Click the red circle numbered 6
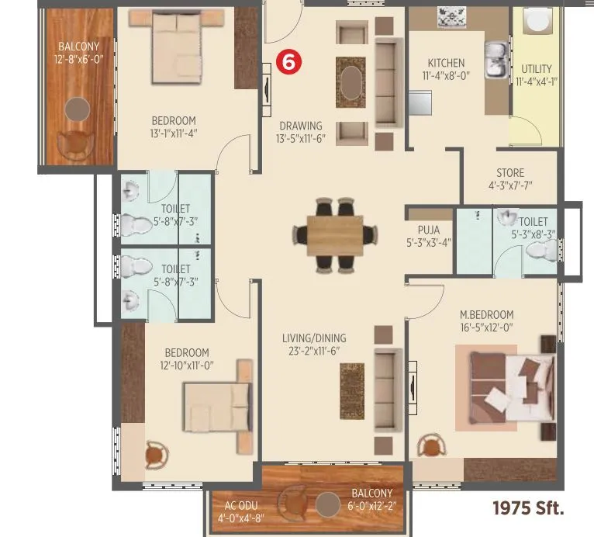pos(288,64)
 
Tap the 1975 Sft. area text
pos(528,509)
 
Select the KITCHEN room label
pos(446,64)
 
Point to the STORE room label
pos(510,173)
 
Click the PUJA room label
pos(428,230)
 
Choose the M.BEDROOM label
pos(486,314)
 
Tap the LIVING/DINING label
pos(314,338)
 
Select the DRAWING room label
pos(300,126)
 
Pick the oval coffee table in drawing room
pos(351,81)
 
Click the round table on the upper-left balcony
pos(75,109)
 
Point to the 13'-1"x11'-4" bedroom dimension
pos(173,133)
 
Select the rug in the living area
pos(351,390)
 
